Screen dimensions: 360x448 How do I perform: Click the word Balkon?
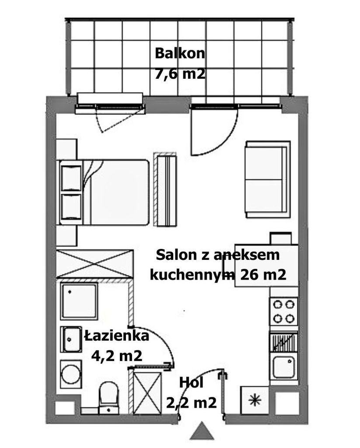click(x=180, y=53)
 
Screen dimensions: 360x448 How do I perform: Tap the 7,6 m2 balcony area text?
click(x=180, y=74)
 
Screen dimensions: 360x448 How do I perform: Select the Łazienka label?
click(x=116, y=336)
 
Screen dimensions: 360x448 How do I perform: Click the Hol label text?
click(x=191, y=382)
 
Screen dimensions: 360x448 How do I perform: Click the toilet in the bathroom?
click(x=108, y=398)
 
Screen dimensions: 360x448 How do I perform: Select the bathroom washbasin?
click(x=71, y=339)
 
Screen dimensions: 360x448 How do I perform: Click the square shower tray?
click(x=79, y=301)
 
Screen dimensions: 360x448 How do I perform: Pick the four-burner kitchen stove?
click(x=284, y=311)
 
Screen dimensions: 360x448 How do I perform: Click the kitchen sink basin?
click(x=283, y=367)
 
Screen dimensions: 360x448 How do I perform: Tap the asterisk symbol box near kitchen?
click(x=255, y=400)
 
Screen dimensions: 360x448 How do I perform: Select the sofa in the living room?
click(x=268, y=179)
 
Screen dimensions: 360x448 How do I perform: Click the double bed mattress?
click(x=116, y=192)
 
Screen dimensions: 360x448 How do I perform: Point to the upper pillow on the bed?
click(x=71, y=178)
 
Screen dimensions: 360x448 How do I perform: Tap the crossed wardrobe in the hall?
click(x=147, y=393)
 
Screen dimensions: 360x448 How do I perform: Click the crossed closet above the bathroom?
click(x=95, y=263)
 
